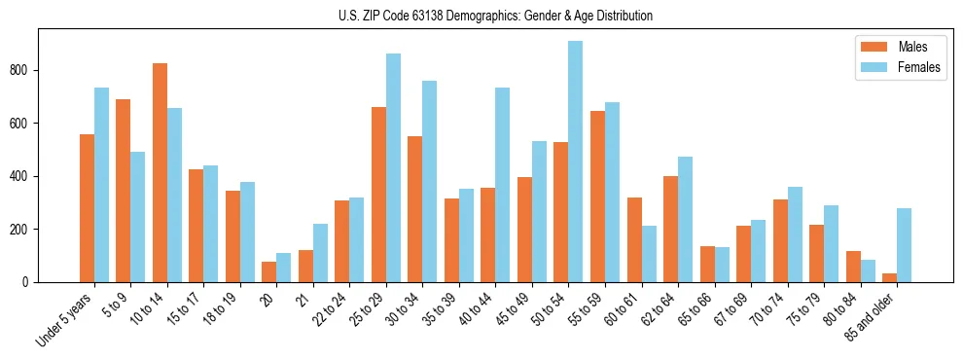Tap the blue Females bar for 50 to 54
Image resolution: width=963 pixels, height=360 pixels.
click(x=576, y=162)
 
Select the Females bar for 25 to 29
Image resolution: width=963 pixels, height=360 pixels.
click(x=393, y=168)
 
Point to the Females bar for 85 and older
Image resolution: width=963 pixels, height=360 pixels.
click(x=905, y=245)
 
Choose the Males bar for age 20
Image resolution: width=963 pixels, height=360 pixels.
click(x=268, y=272)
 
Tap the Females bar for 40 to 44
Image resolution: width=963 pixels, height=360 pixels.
click(x=503, y=185)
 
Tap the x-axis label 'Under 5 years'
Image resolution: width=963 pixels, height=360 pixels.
click(x=66, y=319)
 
